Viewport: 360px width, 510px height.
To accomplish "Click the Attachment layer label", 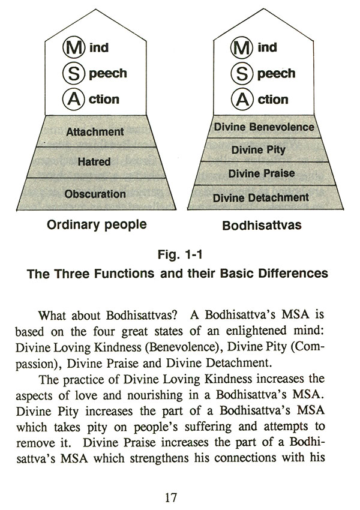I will click(95, 131).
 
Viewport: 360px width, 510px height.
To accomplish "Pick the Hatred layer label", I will click(94, 162).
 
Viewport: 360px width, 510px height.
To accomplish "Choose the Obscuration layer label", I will click(95, 194).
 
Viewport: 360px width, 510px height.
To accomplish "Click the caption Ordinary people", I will click(97, 226).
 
